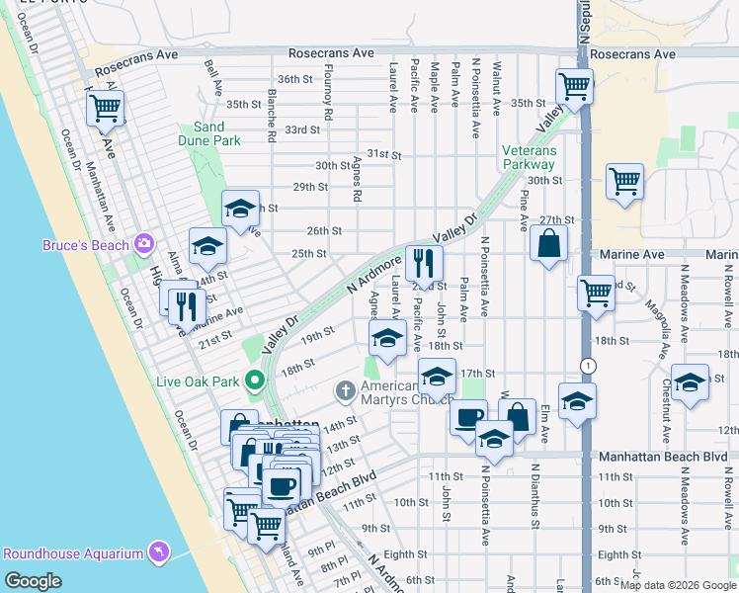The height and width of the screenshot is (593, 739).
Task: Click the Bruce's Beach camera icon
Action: click(x=145, y=243)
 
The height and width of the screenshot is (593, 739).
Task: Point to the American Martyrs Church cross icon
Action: click(x=346, y=390)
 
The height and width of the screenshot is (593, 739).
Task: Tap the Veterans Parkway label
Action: click(x=529, y=158)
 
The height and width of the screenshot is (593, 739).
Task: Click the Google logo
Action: click(x=33, y=581)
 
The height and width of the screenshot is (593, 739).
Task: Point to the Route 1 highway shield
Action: click(x=590, y=366)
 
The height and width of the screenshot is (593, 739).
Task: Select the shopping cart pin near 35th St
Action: click(x=574, y=85)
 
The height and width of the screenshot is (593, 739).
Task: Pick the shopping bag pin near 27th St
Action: click(x=548, y=243)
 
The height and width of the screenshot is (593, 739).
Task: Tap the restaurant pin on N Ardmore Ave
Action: click(x=424, y=262)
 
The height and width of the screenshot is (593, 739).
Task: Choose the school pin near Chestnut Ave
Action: click(x=690, y=382)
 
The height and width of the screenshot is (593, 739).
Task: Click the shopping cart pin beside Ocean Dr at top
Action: click(x=106, y=109)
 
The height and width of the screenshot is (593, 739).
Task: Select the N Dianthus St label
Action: click(x=533, y=491)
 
